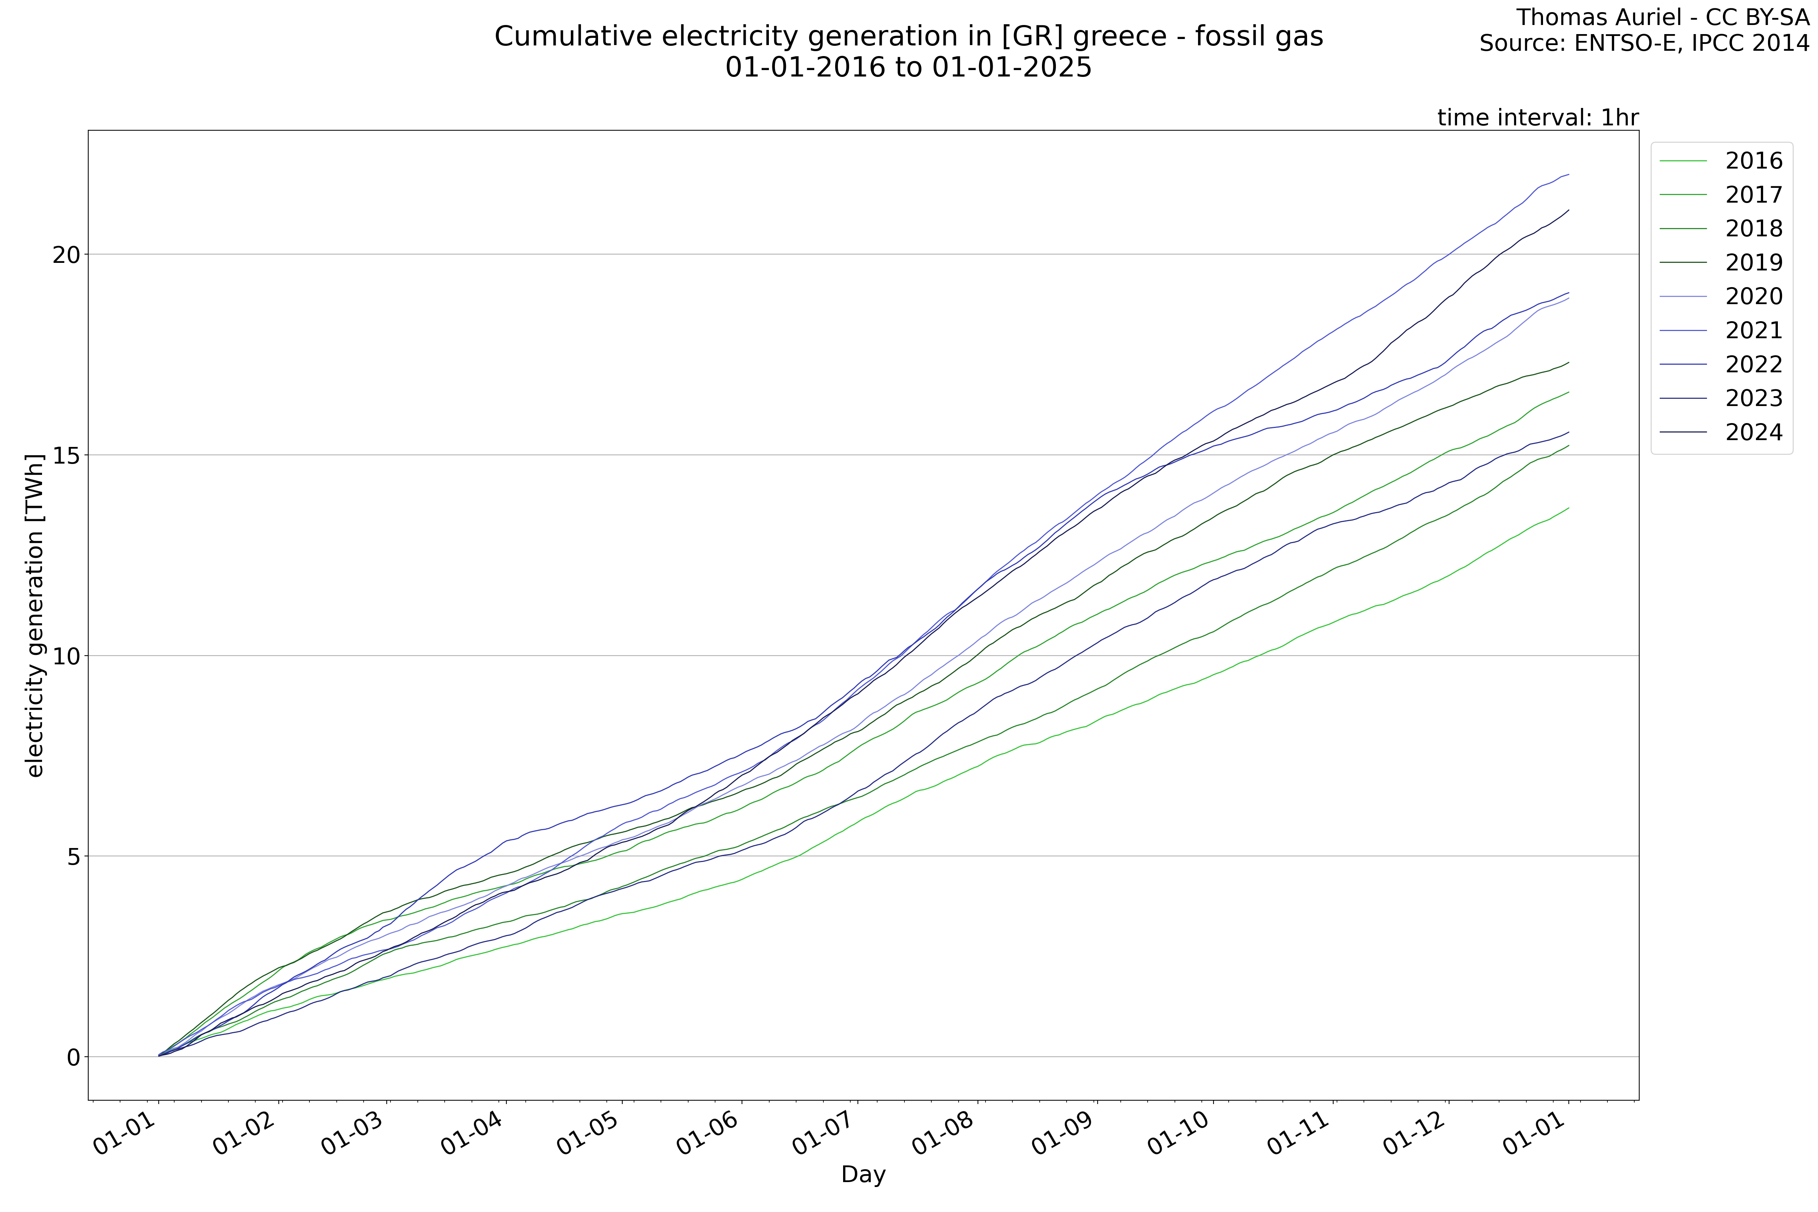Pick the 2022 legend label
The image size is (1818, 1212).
point(1753,364)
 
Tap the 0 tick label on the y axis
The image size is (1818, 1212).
point(73,1057)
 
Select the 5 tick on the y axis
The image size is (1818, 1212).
point(73,856)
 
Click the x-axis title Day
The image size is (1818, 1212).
point(863,1175)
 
